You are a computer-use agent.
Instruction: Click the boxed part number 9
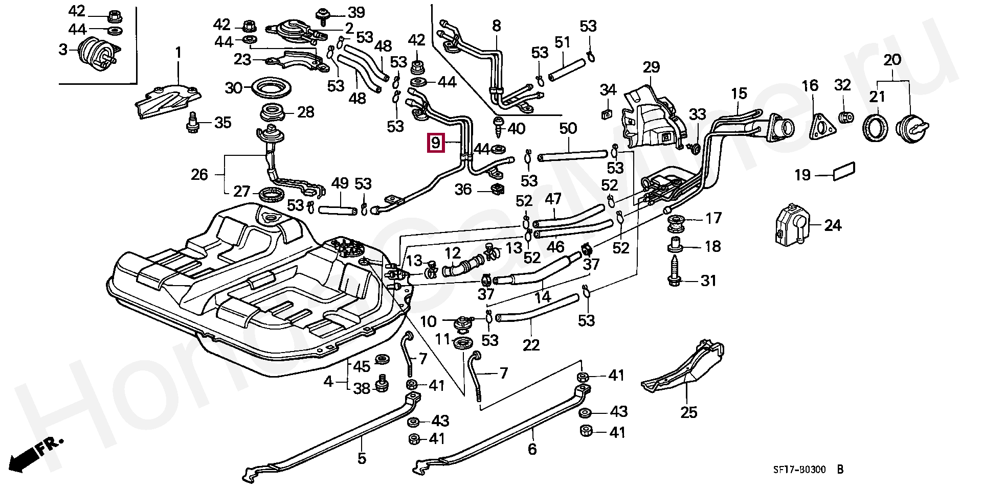(435, 143)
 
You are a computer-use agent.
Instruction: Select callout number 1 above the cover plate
(178, 53)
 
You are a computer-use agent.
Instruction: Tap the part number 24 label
(833, 225)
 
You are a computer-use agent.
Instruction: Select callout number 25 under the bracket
(689, 412)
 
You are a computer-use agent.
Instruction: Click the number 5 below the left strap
(362, 458)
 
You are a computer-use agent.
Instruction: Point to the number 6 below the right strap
(532, 449)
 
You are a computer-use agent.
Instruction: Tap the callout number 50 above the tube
(568, 129)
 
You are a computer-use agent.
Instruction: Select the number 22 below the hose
(531, 345)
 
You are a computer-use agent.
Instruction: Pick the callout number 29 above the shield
(651, 67)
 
